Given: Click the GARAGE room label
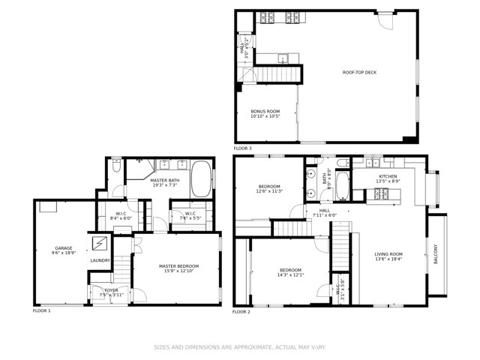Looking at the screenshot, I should tap(63, 248).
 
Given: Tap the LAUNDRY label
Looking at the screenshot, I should tap(100, 260).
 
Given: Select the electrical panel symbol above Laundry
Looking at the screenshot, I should tap(100, 244).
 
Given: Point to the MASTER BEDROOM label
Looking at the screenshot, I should tap(177, 266).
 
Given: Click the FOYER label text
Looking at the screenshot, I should tap(111, 289).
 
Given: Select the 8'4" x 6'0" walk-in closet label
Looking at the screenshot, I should tap(120, 214).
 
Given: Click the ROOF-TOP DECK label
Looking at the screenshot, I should tap(359, 73).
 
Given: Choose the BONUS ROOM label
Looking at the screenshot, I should tap(265, 112).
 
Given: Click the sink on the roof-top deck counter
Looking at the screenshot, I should tap(283, 57).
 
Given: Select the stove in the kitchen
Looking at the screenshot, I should tap(380, 195).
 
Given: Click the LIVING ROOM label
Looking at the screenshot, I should tap(388, 255).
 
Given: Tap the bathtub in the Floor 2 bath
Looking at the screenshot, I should tap(342, 186).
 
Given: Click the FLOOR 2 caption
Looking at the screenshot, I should tap(241, 311).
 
